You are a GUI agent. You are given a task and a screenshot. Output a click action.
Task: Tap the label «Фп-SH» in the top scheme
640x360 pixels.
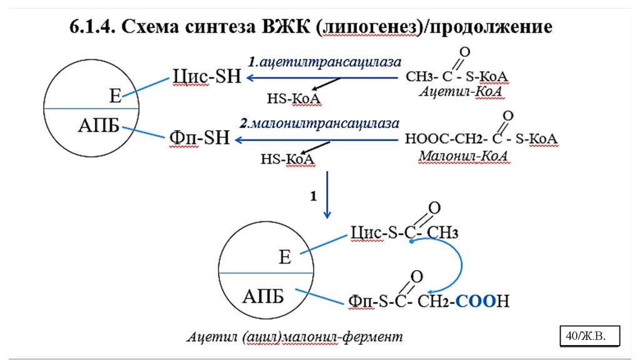tap(199, 137)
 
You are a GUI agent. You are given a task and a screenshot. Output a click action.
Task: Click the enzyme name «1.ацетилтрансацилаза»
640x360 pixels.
tap(324, 62)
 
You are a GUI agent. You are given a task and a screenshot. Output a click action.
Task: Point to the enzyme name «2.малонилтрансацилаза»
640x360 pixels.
tap(319, 122)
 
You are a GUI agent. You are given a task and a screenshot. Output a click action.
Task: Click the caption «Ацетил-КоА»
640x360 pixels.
tap(462, 92)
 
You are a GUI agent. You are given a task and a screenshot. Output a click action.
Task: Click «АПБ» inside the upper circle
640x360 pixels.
tap(99, 125)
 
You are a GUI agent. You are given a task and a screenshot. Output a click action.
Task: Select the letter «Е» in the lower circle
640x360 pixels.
tap(285, 257)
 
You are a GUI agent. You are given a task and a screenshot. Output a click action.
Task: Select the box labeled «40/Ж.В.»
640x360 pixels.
tap(590, 336)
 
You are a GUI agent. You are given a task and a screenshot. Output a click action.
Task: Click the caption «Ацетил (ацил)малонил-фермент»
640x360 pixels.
tap(296, 337)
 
